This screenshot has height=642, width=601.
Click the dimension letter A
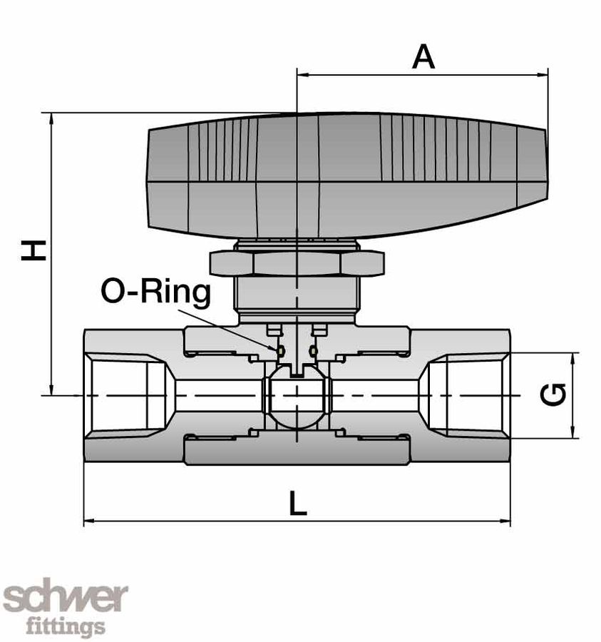click(423, 56)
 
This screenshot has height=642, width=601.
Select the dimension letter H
click(34, 250)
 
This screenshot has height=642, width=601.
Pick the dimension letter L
click(297, 504)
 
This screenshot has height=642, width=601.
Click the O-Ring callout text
click(156, 292)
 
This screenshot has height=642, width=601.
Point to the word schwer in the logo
click(66, 598)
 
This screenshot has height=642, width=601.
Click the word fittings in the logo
click(66, 627)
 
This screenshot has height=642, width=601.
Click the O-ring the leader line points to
click(280, 350)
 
